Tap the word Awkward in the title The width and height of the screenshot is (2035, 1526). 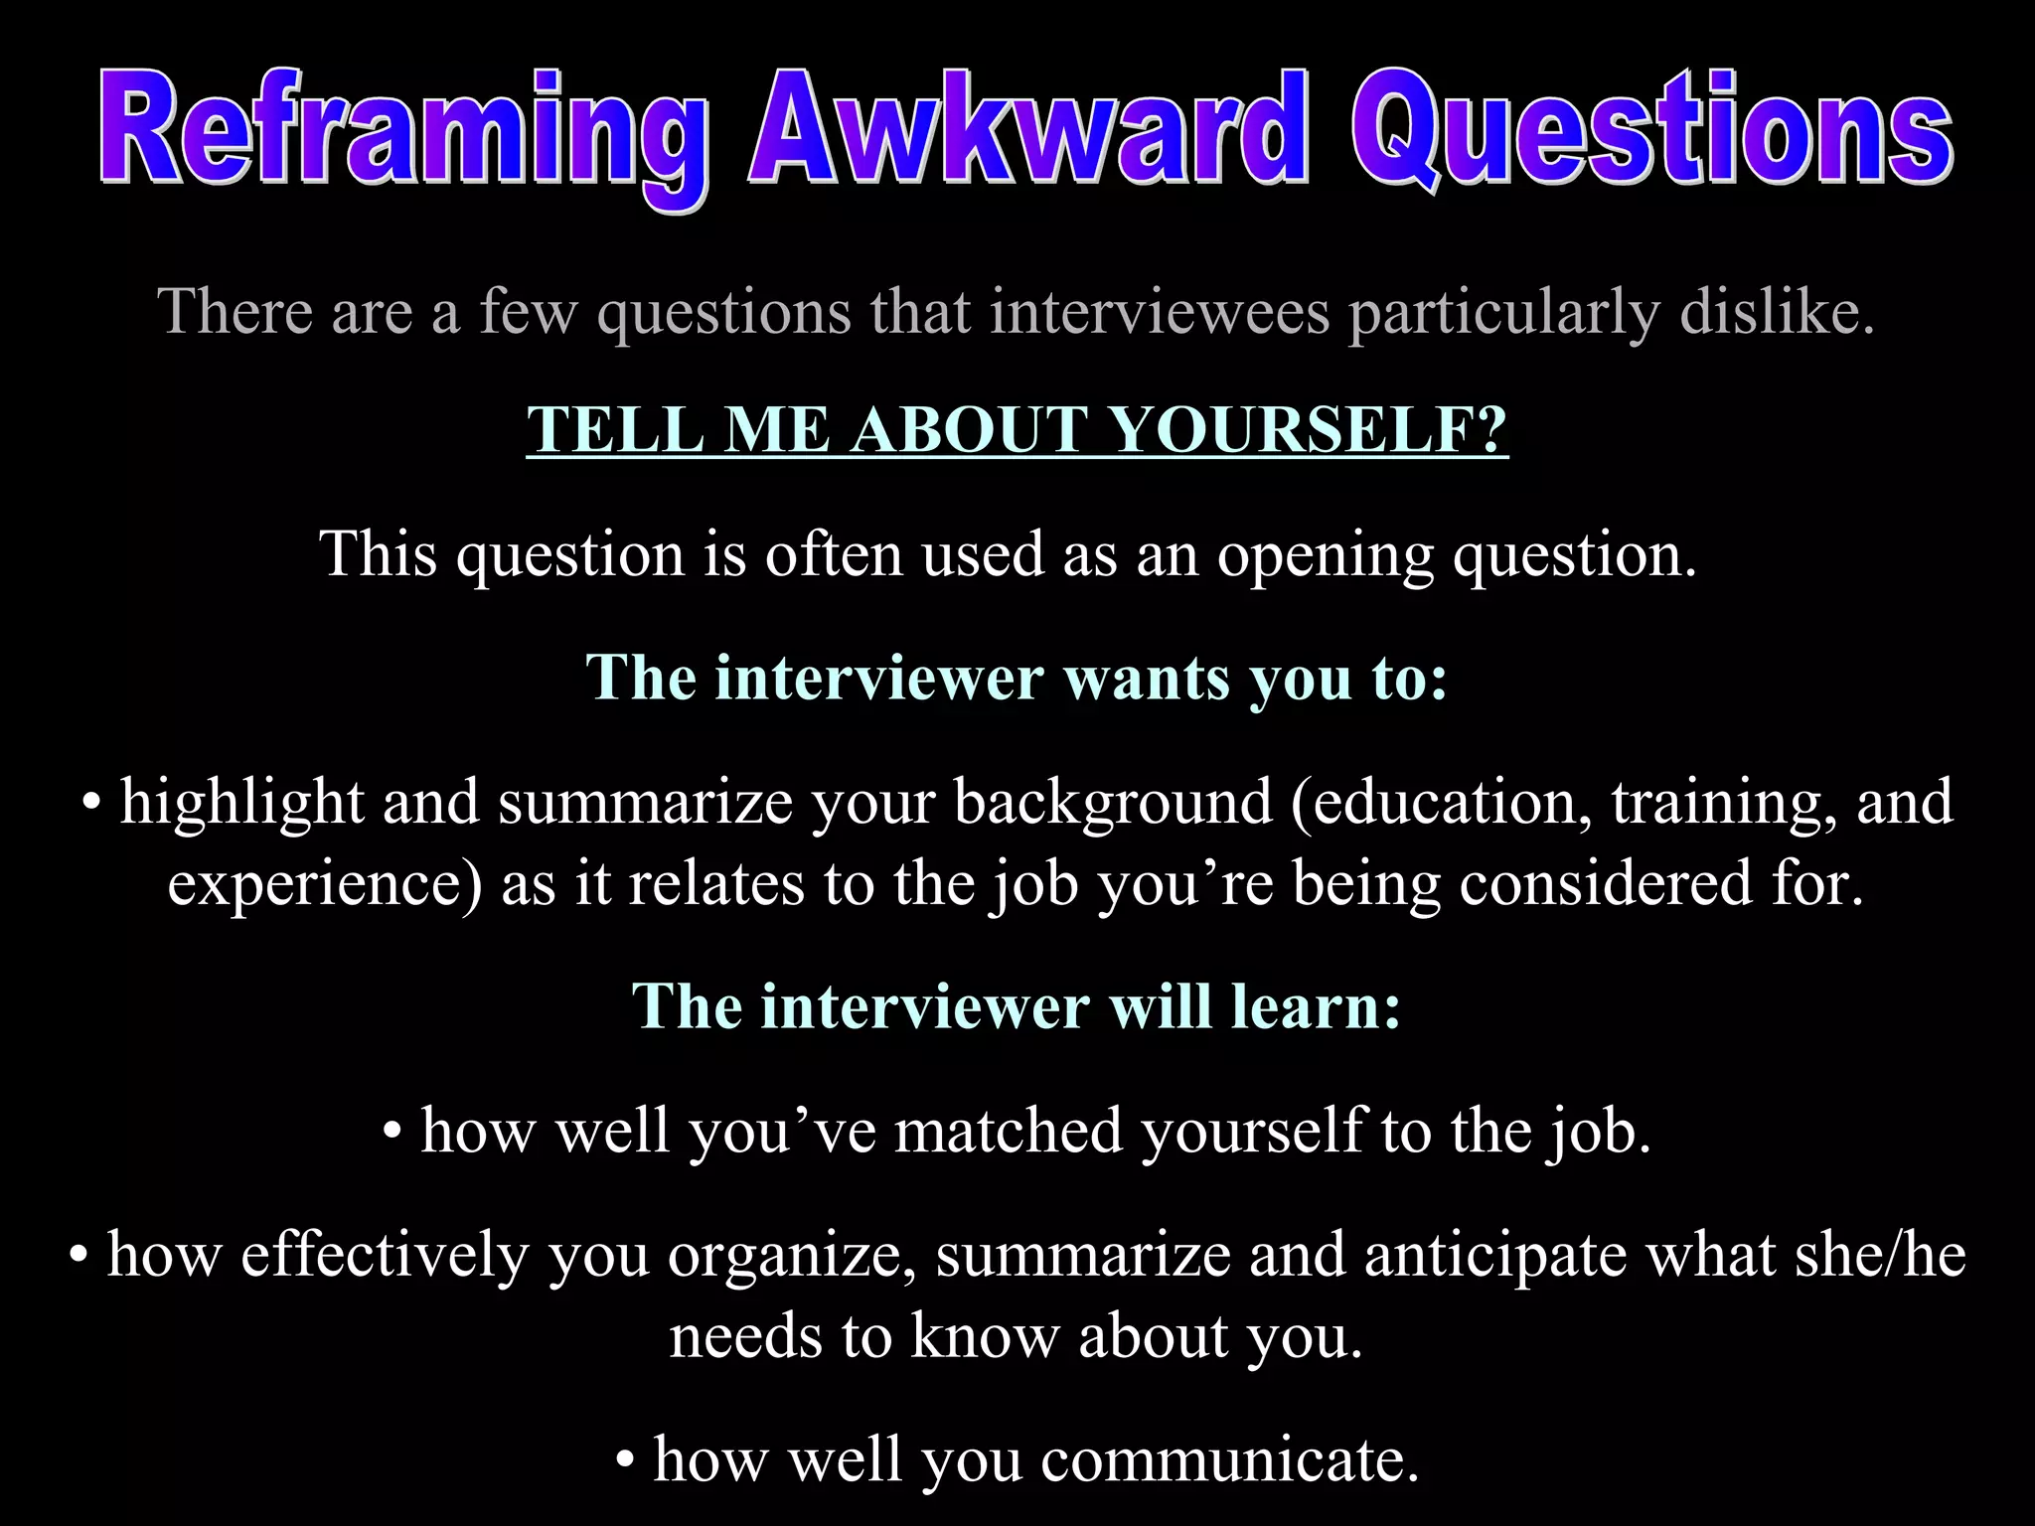click(1027, 129)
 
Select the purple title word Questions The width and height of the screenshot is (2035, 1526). click(1650, 129)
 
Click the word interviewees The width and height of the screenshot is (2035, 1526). click(1159, 312)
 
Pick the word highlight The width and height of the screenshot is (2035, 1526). click(241, 803)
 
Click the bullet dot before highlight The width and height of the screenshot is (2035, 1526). click(91, 803)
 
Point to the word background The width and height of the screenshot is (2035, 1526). click(1113, 803)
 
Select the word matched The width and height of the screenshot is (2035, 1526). click(1009, 1132)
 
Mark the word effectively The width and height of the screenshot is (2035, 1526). click(385, 1255)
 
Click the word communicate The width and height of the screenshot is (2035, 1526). click(1230, 1460)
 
